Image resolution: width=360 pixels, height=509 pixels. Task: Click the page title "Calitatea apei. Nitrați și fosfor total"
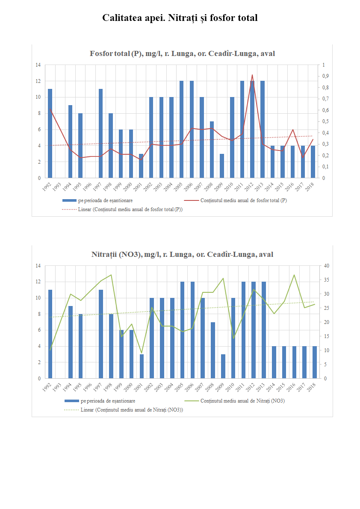coord(180,18)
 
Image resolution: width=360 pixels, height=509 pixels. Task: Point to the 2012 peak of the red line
coord(252,75)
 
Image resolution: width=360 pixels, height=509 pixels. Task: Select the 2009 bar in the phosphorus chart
coord(222,166)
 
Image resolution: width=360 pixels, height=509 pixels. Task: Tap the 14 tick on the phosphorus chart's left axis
coord(38,65)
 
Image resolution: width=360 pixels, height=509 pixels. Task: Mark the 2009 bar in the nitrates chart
coord(223,366)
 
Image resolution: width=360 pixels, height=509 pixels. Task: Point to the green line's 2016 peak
coord(294,275)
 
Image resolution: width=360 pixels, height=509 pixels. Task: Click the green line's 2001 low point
coord(142,353)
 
